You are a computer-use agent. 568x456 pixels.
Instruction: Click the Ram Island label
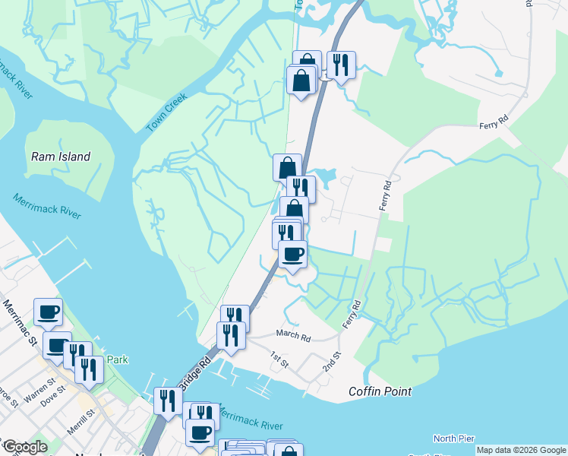tap(61, 157)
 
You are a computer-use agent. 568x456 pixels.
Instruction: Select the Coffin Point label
tap(380, 391)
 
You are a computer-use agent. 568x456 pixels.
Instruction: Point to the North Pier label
tap(454, 439)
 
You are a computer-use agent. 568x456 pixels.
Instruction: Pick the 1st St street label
tap(279, 359)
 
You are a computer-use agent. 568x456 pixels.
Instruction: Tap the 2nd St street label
tap(330, 362)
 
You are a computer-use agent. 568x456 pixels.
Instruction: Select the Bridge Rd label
tap(194, 372)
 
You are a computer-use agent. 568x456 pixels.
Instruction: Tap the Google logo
tap(25, 447)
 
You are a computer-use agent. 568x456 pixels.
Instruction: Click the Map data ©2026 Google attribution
tap(521, 450)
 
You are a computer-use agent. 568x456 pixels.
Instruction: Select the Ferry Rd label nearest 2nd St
tap(352, 314)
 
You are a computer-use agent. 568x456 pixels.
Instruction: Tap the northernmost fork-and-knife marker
tap(341, 65)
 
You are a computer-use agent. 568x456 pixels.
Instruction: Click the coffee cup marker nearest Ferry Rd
tap(292, 254)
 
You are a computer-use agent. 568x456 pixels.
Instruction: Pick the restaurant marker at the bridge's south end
tap(168, 401)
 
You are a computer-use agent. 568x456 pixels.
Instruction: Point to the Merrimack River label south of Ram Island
tap(46, 206)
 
